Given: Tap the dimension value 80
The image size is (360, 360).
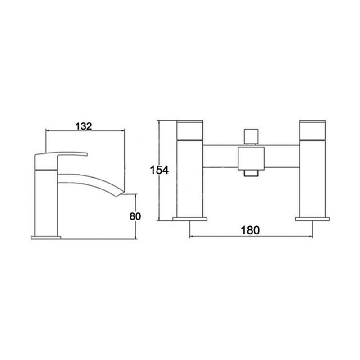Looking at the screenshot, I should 135,216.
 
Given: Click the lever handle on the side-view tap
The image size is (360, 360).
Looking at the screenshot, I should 63,155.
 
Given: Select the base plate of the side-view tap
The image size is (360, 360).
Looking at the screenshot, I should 45,237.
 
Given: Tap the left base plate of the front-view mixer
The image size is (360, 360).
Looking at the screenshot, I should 190,220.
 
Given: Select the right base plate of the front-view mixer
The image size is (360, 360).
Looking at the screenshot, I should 311,220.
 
